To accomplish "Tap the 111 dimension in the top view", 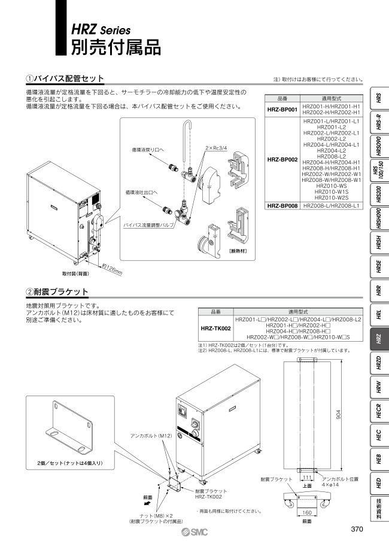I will [x=306, y=479].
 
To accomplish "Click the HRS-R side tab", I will [x=378, y=123].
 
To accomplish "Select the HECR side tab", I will [x=378, y=412].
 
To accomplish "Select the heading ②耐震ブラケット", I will [x=57, y=291].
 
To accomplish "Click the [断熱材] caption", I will [x=238, y=250].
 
